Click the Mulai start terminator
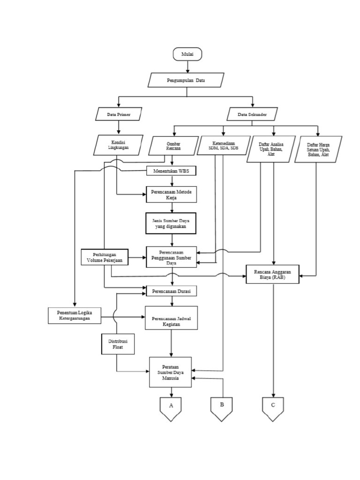click(x=187, y=54)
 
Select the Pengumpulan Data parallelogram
click(x=186, y=80)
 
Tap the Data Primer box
click(x=118, y=114)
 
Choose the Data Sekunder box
click(x=252, y=114)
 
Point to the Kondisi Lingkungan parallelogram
click(x=118, y=144)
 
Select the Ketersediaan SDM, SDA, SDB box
click(x=224, y=144)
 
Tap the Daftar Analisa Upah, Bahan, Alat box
click(x=271, y=149)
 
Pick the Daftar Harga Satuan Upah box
click(x=318, y=149)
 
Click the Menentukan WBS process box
click(x=171, y=171)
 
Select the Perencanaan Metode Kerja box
click(x=171, y=195)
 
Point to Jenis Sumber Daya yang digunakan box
click(x=171, y=223)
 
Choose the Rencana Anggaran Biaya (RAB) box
click(x=273, y=274)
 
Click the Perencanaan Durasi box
click(x=171, y=291)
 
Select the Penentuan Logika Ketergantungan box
click(x=75, y=315)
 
